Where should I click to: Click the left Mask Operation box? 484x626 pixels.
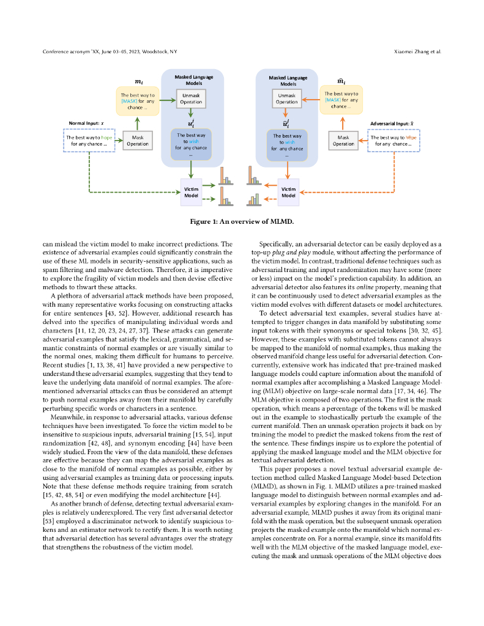(138, 141)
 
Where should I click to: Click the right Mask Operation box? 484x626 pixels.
(343, 141)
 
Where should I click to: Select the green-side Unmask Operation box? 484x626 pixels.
(191, 98)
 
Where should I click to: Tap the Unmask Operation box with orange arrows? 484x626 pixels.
(287, 98)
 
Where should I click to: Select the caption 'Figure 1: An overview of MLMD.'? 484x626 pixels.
(242, 221)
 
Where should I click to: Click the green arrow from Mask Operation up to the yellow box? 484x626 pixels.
(138, 123)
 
